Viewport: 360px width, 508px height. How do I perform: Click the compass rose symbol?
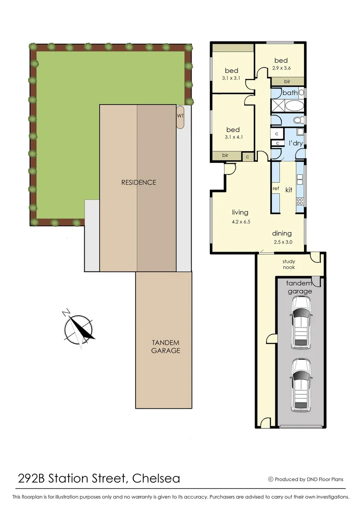[79, 328]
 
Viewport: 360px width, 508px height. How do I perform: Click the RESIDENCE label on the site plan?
[138, 182]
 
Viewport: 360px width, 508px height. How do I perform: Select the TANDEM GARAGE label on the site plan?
[165, 346]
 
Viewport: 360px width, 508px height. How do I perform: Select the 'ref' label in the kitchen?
[276, 189]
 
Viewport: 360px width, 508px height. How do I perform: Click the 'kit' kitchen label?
[289, 190]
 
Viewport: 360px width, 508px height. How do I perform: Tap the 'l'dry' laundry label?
[296, 143]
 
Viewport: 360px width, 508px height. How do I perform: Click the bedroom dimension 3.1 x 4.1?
[233, 138]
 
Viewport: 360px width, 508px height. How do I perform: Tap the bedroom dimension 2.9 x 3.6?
[281, 68]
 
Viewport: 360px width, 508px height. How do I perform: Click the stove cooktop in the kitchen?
[299, 202]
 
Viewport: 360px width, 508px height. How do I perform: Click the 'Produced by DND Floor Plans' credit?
[305, 479]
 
